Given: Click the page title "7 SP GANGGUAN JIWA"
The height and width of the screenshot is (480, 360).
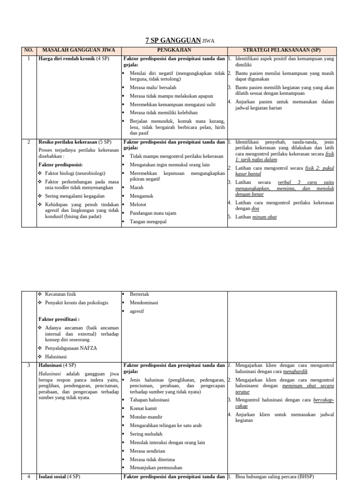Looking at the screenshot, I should pyautogui.click(x=180, y=40).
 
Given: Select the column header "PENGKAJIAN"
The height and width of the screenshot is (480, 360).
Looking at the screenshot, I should pyautogui.click(x=174, y=50).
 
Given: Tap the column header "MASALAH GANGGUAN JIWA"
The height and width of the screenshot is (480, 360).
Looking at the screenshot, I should pyautogui.click(x=79, y=50).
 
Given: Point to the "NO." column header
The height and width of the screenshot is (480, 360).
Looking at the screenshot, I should pyautogui.click(x=29, y=50).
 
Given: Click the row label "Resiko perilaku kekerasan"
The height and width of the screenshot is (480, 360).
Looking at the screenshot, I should pyautogui.click(x=67, y=142).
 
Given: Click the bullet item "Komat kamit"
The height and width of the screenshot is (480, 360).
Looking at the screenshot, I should pyautogui.click(x=143, y=408).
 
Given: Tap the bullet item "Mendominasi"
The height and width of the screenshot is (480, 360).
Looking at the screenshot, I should pyautogui.click(x=144, y=302).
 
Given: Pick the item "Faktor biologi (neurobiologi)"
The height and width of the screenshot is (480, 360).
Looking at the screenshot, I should pyautogui.click(x=75, y=173).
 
